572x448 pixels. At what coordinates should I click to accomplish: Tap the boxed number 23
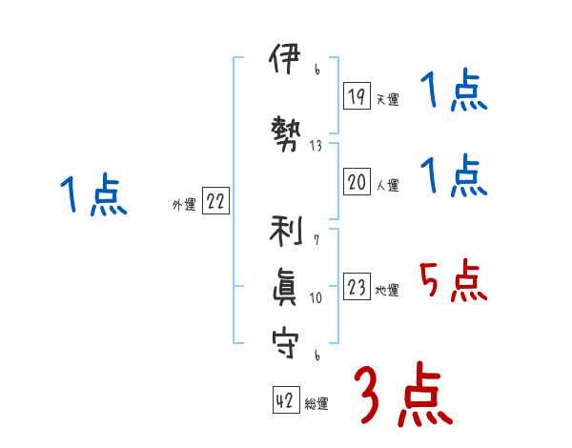[x=357, y=287]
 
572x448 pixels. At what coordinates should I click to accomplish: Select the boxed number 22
[x=215, y=201]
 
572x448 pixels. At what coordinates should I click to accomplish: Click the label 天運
[x=387, y=99]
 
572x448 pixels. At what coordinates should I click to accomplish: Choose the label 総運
[x=317, y=404]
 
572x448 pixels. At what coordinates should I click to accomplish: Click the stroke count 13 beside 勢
[x=316, y=146]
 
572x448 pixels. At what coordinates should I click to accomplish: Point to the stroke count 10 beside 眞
[x=316, y=297]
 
